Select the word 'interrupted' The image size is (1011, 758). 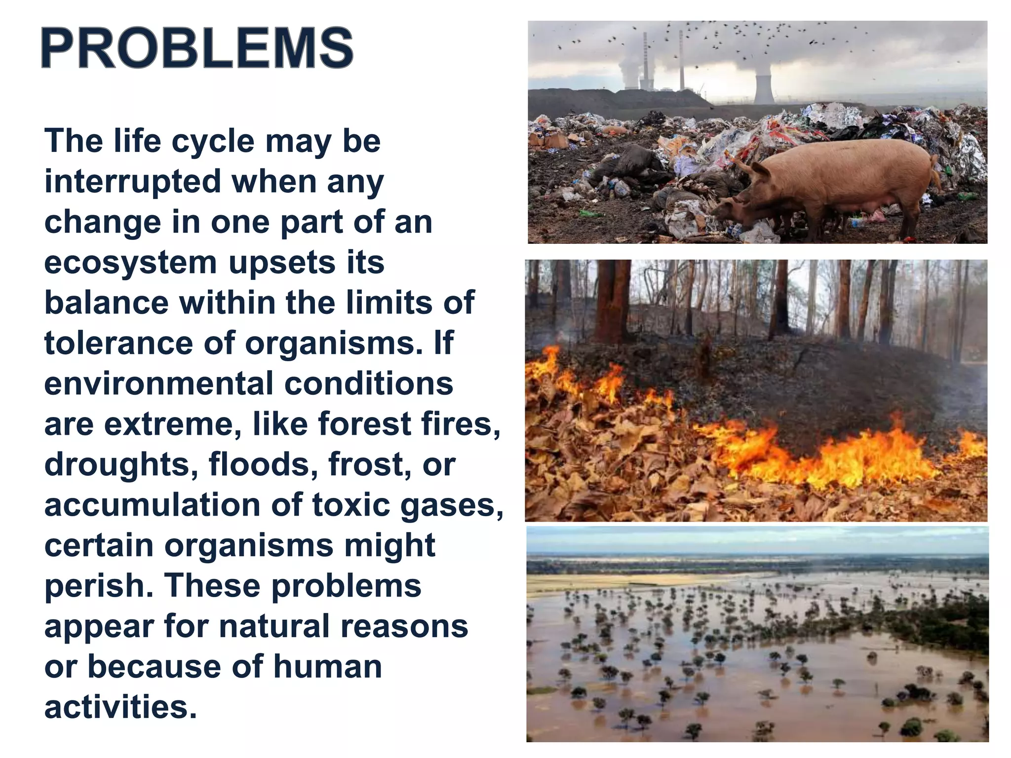[x=132, y=182]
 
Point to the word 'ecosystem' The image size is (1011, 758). [x=130, y=264]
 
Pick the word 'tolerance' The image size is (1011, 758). [x=118, y=343]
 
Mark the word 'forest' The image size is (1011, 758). [x=364, y=424]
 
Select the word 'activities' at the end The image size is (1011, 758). [x=120, y=707]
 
